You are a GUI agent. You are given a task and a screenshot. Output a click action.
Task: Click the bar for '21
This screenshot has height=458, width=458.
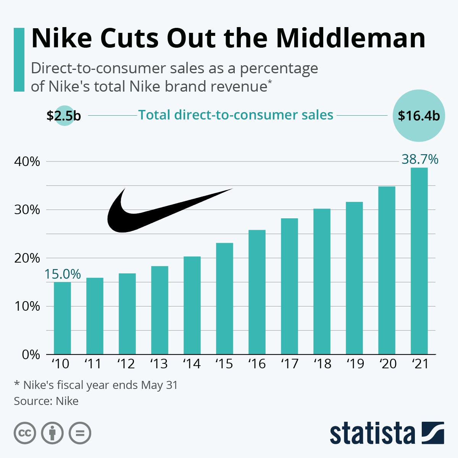pos(419,261)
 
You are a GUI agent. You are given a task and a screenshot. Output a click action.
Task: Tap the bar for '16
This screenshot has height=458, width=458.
pos(257,292)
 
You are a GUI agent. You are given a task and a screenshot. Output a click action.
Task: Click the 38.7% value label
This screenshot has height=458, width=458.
pos(420,159)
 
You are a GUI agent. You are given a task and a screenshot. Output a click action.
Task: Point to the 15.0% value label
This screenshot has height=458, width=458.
pos(63,274)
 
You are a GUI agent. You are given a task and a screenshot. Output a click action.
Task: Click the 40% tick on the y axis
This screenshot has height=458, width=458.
pos(27,161)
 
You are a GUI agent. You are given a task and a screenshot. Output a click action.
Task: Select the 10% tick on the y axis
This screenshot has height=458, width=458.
pos(27,306)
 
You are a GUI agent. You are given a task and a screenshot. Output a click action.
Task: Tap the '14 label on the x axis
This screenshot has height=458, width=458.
pos(192,364)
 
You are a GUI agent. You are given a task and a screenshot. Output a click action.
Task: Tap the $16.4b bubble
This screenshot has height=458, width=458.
pos(419,116)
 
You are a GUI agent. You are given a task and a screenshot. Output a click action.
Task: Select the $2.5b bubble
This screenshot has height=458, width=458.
pos(64,116)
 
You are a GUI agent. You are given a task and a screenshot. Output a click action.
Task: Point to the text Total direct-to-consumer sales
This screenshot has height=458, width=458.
pos(235,115)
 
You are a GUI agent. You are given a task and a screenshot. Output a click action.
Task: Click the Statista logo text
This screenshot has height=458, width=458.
pos(372,434)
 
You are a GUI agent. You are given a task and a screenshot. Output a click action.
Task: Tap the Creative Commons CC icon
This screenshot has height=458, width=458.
pos(25,433)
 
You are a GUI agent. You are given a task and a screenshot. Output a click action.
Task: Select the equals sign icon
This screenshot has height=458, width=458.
pos(80,433)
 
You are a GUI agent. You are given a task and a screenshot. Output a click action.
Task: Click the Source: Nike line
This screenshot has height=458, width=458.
pos(46,401)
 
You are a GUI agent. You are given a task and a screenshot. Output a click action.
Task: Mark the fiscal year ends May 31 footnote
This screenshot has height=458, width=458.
pos(96,385)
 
